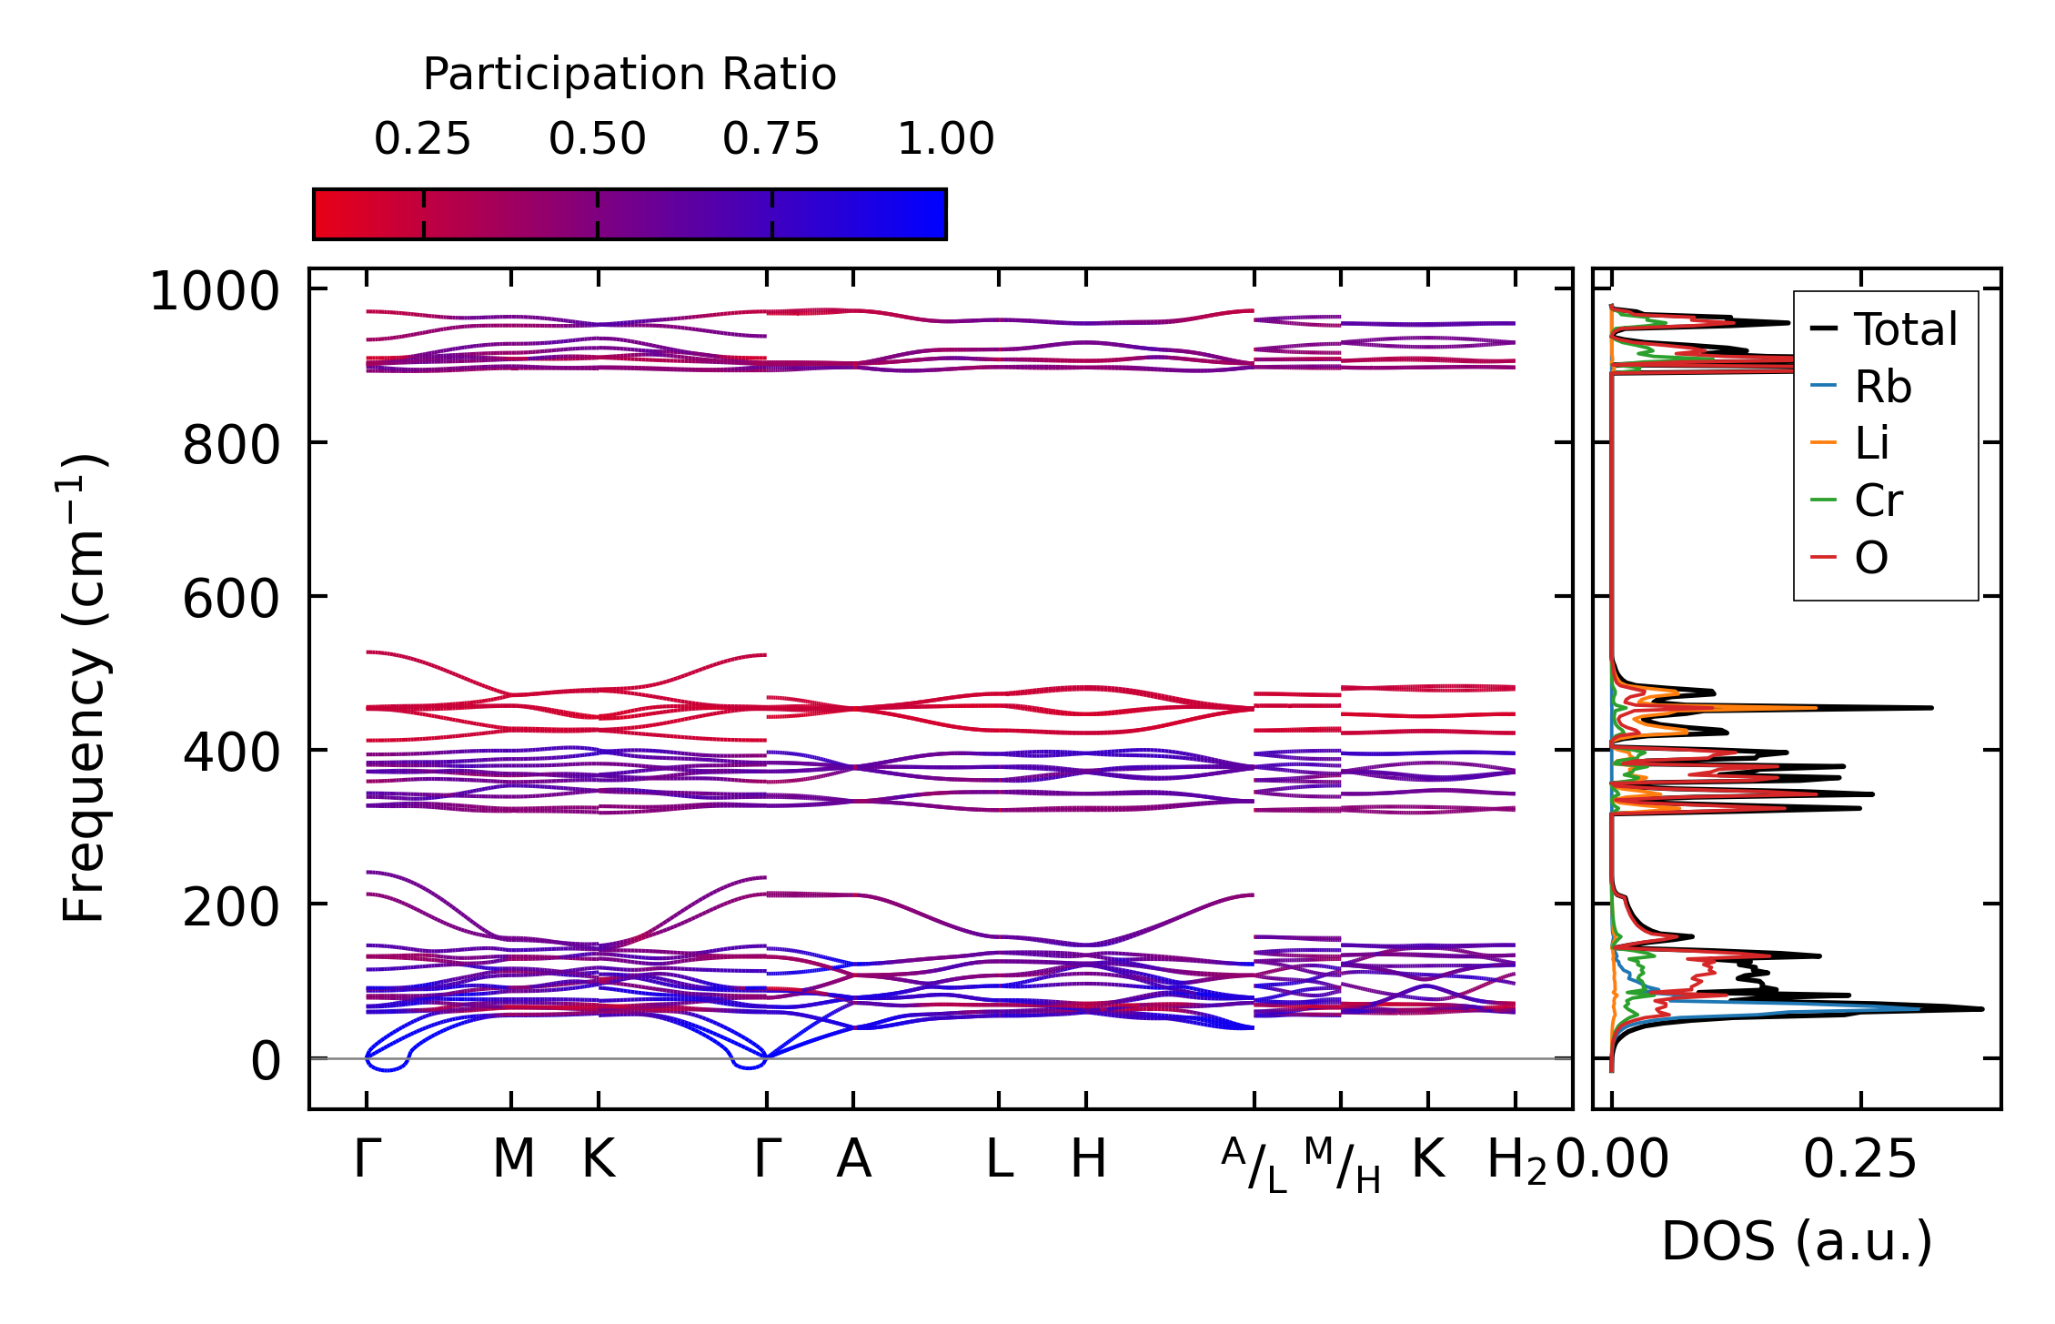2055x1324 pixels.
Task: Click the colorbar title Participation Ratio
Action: (x=630, y=75)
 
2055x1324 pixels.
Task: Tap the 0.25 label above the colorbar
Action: (x=422, y=139)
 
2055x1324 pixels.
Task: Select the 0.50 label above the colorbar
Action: (x=597, y=139)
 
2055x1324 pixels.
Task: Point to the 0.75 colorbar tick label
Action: (x=771, y=139)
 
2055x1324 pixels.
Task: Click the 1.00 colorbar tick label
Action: (x=946, y=139)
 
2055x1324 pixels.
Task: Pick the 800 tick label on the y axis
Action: (x=231, y=446)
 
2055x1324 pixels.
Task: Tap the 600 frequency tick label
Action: (x=231, y=600)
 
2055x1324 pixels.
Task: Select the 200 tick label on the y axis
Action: (x=231, y=907)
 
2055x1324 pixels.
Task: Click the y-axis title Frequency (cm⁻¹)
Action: (x=84, y=688)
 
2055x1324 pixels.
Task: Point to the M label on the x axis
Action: (x=513, y=1159)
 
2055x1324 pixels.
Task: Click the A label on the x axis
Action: (x=853, y=1159)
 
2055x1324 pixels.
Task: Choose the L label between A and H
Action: (x=999, y=1159)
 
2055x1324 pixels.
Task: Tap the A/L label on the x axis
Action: (x=1254, y=1165)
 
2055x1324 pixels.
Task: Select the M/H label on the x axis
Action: (x=1342, y=1165)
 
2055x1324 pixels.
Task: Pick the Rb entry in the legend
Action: (x=1882, y=387)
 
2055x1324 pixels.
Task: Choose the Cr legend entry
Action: (x=1878, y=500)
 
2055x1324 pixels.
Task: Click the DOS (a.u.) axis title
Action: (x=1797, y=1241)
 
